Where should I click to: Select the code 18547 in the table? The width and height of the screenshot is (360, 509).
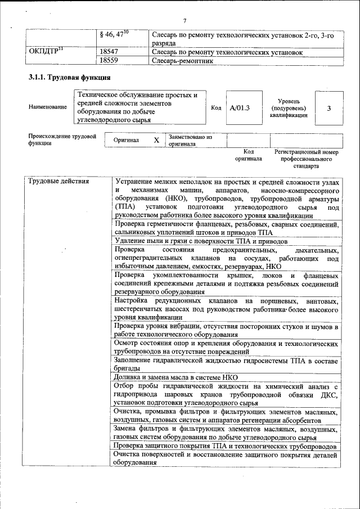109,52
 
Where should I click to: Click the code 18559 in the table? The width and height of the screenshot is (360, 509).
109,61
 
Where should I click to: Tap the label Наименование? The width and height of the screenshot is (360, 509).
47,107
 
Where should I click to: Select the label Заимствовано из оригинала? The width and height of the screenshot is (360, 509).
190,140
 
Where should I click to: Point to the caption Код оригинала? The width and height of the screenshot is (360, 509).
249,155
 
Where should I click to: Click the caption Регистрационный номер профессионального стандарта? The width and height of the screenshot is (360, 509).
306,159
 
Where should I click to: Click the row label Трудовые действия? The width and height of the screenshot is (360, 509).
58,182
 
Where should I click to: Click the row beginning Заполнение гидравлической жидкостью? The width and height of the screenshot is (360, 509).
225,363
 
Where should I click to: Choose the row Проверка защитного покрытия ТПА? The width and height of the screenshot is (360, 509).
225,447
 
